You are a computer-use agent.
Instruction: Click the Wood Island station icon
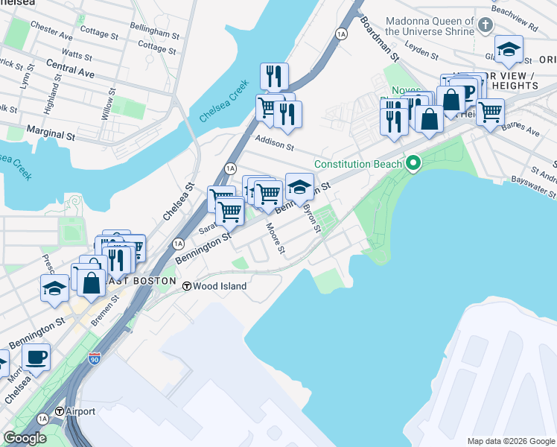pyautogui.click(x=188, y=286)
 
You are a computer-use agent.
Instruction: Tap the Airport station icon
pyautogui.click(x=60, y=412)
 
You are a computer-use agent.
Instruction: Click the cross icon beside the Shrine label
pyautogui.click(x=486, y=25)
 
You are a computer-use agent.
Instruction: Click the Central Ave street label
pyautogui.click(x=70, y=74)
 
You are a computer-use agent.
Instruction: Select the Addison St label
pyautogui.click(x=275, y=142)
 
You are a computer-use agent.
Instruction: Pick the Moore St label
pyautogui.click(x=276, y=238)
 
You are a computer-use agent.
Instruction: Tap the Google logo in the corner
pyautogui.click(x=25, y=438)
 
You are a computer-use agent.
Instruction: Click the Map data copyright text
pyautogui.click(x=510, y=441)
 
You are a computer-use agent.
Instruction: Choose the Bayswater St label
pyautogui.click(x=533, y=186)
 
